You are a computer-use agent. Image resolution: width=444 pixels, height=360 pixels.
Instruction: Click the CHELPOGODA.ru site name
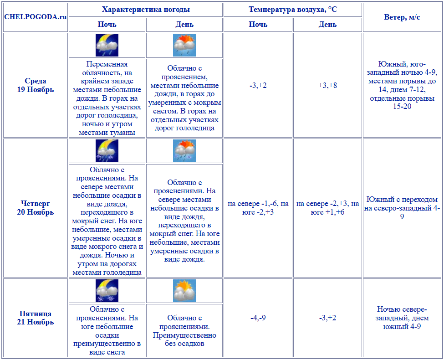35,17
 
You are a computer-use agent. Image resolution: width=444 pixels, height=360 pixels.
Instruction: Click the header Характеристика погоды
146,10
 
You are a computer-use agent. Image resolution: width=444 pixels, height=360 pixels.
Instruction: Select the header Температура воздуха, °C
293,10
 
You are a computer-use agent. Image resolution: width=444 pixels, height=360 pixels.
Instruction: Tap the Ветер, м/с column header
402,17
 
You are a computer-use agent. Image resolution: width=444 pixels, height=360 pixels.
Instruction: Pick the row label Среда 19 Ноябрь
36,85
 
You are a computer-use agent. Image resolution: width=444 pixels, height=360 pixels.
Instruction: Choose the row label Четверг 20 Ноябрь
36,208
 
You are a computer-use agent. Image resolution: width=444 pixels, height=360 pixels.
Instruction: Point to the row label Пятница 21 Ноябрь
36,318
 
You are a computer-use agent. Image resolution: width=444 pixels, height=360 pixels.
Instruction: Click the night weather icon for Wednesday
107,45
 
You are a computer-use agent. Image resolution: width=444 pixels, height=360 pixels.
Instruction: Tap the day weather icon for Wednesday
184,45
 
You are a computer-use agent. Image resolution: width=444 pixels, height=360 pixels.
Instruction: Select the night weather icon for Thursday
107,151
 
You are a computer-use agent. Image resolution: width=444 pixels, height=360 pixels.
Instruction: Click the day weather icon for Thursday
184,151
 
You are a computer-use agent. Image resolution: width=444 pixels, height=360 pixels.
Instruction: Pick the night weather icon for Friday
107,291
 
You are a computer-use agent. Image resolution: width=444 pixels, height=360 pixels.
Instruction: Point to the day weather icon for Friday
184,291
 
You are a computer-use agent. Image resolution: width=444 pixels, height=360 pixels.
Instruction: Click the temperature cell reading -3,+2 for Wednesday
258,85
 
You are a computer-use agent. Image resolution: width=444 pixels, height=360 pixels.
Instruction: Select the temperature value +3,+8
328,85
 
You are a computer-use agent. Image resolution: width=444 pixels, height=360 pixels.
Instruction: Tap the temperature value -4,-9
258,318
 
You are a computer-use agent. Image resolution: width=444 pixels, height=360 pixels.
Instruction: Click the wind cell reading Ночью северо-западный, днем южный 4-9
402,318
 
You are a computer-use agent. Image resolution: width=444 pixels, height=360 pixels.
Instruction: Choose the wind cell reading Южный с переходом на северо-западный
402,208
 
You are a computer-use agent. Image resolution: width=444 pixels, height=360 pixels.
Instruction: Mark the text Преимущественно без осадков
184,339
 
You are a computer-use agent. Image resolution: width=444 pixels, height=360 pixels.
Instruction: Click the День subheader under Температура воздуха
328,25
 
